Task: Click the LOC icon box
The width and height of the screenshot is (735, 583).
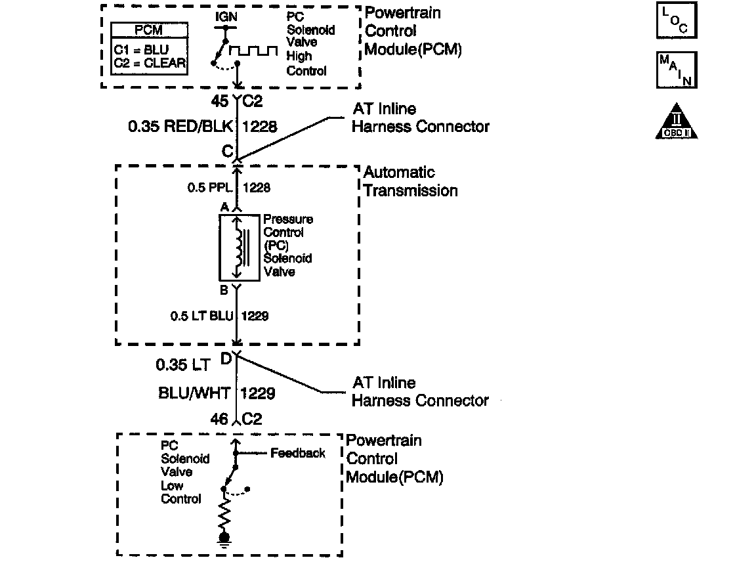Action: [677, 20]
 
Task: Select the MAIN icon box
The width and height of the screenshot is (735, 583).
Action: [677, 70]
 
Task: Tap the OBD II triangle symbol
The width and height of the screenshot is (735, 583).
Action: [677, 122]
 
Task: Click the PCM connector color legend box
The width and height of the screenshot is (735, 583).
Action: [150, 49]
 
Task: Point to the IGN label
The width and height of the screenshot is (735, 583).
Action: [226, 17]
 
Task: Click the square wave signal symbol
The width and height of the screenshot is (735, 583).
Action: [253, 50]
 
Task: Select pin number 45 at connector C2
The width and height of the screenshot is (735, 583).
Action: [219, 100]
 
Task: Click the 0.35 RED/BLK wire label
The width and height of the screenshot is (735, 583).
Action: [180, 126]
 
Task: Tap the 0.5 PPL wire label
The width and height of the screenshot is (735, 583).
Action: [209, 188]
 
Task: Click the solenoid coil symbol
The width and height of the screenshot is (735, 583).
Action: [240, 248]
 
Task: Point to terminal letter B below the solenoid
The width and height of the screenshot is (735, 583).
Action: [224, 290]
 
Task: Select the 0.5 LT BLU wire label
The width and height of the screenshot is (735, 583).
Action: [201, 316]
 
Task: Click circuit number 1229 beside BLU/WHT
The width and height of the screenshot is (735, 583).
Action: [257, 393]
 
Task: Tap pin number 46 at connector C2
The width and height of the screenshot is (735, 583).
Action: [219, 419]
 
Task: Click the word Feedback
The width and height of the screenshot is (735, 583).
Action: [298, 453]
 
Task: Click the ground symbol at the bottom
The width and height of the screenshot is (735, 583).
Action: [224, 540]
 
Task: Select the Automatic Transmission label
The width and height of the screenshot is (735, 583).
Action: [411, 181]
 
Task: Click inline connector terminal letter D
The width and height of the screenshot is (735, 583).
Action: [226, 359]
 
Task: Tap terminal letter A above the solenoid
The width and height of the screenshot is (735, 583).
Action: [224, 207]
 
